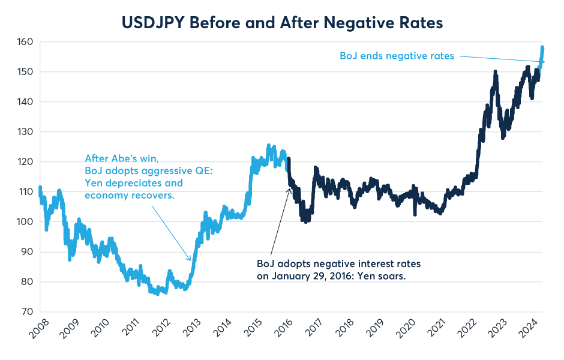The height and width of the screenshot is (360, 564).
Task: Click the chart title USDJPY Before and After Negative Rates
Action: (282, 23)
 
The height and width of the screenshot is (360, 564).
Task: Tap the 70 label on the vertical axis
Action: (26, 312)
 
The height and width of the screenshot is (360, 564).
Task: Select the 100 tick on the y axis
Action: (24, 222)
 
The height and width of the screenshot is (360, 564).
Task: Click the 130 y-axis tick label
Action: (24, 132)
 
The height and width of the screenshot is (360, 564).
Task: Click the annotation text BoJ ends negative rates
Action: (397, 56)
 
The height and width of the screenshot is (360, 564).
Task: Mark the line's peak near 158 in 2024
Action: (542, 47)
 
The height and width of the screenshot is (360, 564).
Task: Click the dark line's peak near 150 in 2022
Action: (495, 72)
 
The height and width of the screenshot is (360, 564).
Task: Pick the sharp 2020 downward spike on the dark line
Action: (415, 214)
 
